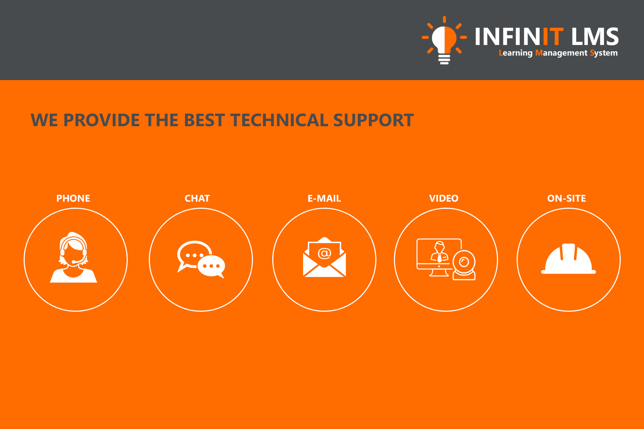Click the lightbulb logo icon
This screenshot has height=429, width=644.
pos(444,40)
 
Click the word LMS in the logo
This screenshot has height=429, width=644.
pos(595,37)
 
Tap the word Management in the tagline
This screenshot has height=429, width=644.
pos(561,53)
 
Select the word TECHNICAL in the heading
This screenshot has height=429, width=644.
pos(279,120)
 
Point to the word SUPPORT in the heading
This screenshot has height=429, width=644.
pos(374,120)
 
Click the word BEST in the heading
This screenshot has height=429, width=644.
pos(204,120)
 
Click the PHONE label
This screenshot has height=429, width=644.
pos(73,198)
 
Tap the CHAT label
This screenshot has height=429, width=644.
pos(197,198)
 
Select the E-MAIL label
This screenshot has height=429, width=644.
pos(324,198)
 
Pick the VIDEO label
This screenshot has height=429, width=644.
pos(444,198)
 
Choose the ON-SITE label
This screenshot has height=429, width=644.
pos(566,198)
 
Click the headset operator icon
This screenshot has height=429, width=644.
pos(74,257)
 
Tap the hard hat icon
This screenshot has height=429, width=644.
pos(569,259)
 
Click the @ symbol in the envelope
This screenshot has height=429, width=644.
pos(325,253)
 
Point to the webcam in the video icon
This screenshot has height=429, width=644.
pos(464,265)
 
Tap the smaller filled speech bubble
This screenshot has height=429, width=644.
pos(211,267)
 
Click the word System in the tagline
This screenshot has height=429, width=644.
pos(604,53)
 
